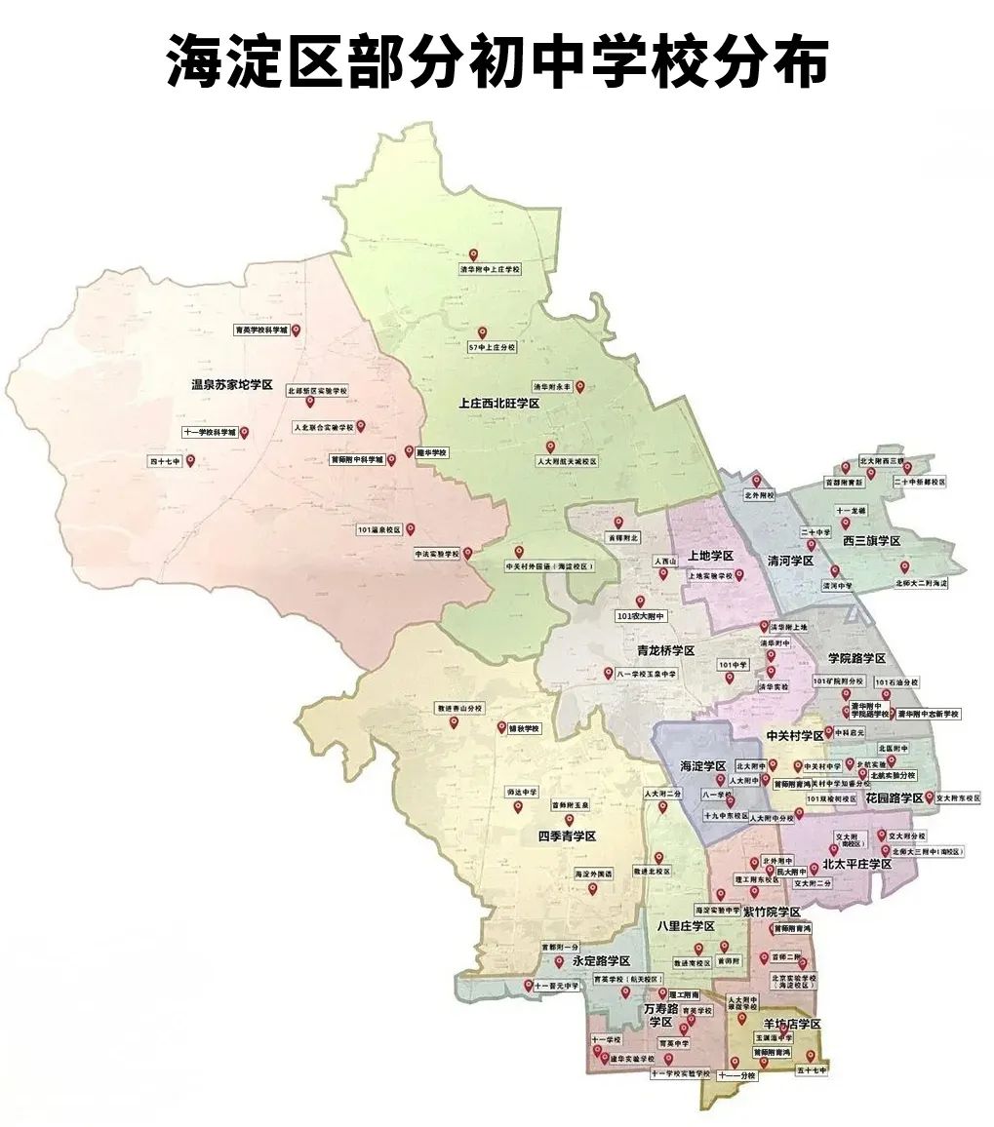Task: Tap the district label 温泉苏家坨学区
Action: (x=231, y=384)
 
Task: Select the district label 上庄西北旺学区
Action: (x=499, y=403)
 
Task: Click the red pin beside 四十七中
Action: (x=191, y=460)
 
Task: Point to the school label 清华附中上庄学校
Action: (x=491, y=269)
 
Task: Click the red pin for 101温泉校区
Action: (x=411, y=529)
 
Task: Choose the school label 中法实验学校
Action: (x=436, y=553)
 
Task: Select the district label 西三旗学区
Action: (x=871, y=540)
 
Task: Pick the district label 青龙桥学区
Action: (x=664, y=650)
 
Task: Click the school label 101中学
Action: (x=733, y=665)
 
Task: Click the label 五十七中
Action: (x=811, y=1070)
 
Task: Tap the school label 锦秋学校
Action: (x=525, y=728)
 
